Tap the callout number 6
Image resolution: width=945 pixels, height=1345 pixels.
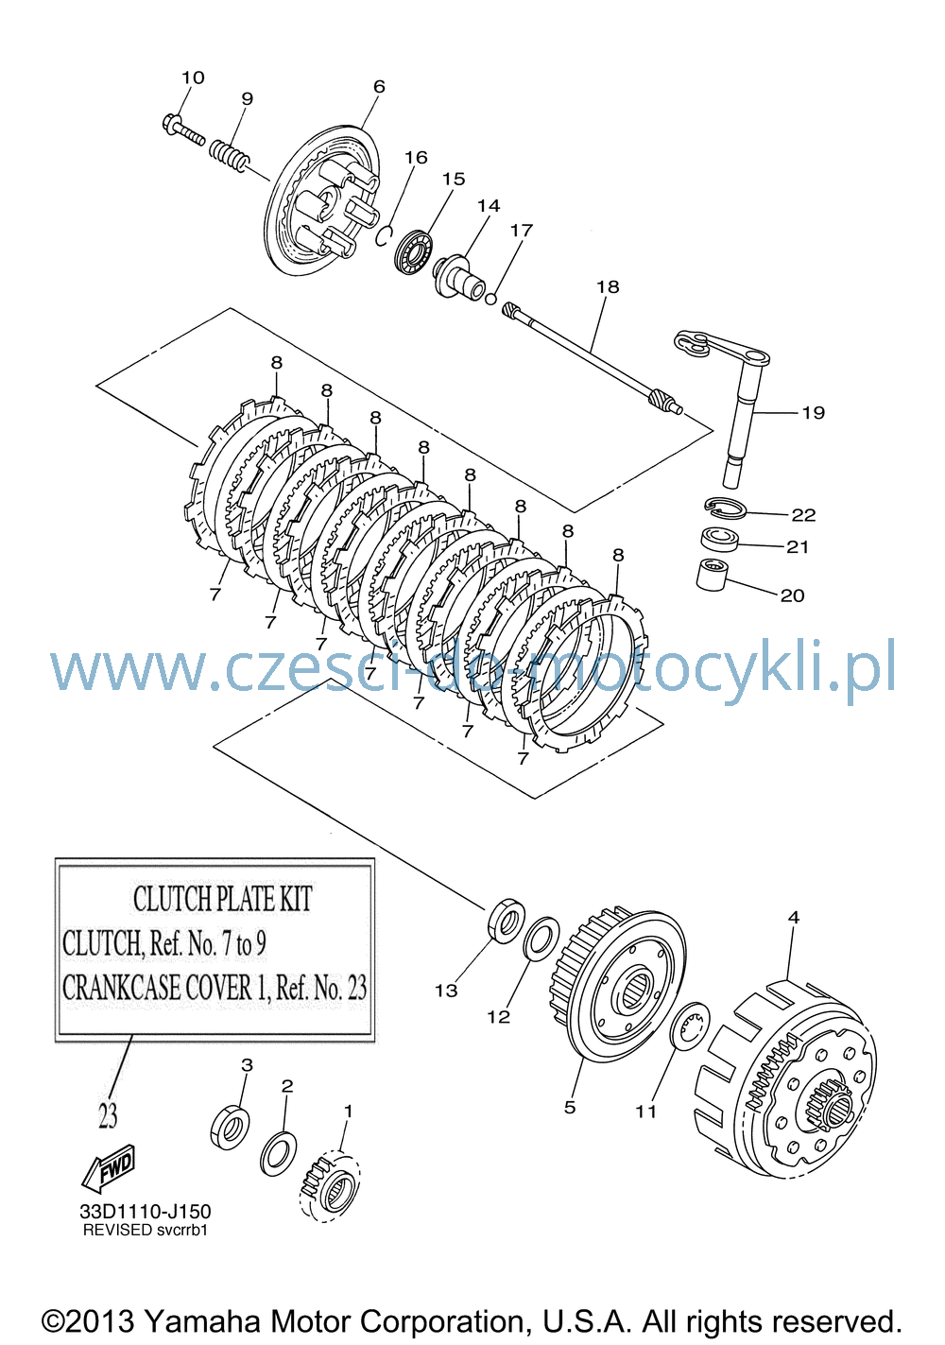point(379,86)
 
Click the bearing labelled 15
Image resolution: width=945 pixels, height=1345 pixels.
point(414,251)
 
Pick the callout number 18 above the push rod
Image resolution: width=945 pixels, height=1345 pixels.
point(608,286)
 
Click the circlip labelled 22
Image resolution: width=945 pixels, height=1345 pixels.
point(725,509)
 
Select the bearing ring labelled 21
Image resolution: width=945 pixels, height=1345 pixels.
point(720,538)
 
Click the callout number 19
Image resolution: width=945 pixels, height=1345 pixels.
point(814,412)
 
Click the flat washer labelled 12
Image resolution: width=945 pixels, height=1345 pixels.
point(541,938)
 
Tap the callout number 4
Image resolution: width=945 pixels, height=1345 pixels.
point(794,917)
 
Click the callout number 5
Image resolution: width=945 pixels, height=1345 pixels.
point(570,1107)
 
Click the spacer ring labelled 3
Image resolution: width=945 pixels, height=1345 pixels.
point(230,1128)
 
